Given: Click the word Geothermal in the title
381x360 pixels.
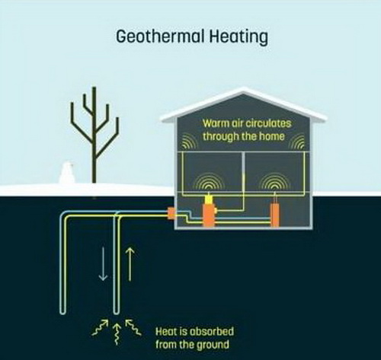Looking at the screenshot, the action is click(x=161, y=36).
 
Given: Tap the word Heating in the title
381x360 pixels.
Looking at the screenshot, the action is click(x=239, y=37).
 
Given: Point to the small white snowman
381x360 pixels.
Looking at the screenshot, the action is click(x=66, y=173).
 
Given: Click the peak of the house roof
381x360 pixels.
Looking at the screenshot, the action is click(x=244, y=89).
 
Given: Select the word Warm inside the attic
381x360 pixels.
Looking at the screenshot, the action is click(x=216, y=123).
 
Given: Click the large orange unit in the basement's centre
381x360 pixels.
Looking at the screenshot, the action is click(x=209, y=215).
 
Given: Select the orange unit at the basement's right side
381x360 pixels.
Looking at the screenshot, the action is click(x=274, y=215).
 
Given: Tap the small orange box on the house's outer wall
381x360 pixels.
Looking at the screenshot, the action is click(x=171, y=213).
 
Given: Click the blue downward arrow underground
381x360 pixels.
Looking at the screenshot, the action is click(x=103, y=264).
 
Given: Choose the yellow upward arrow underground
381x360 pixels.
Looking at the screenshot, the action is click(x=130, y=264).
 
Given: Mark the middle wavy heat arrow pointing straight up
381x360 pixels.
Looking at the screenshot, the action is click(x=117, y=333).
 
